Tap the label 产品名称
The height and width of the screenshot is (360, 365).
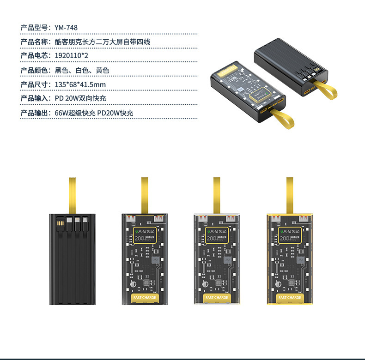[x=35, y=42]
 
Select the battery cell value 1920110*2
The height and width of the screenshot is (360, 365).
[x=72, y=56]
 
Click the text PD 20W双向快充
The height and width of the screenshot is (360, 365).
[x=80, y=98]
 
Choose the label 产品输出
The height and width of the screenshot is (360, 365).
[x=35, y=113]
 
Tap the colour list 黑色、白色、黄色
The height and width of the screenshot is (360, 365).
[x=82, y=70]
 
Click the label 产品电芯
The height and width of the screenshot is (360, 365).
[x=35, y=56]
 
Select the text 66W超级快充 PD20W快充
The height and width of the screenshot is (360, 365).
[x=94, y=113]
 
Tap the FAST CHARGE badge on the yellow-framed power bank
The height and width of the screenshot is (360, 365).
[x=290, y=298]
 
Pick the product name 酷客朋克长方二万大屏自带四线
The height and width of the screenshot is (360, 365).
[x=103, y=42]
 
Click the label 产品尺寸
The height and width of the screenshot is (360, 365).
[x=35, y=84]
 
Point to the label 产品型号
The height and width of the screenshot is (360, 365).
[x=35, y=28]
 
